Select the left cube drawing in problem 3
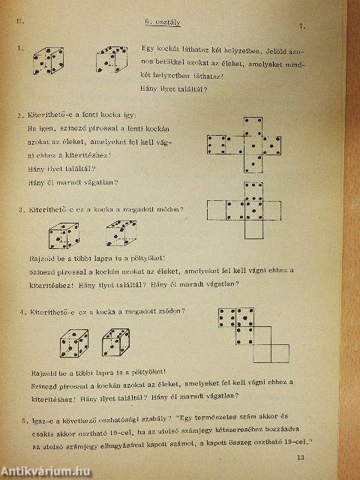coord(62,234)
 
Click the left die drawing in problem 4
coord(73,346)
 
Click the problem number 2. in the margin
coord(19,116)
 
